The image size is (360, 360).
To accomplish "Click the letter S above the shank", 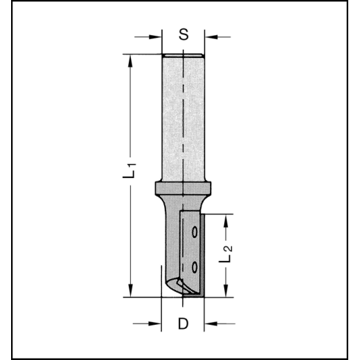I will pyautogui.click(x=183, y=35).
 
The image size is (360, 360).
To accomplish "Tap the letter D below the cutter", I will pyautogui.click(x=183, y=322).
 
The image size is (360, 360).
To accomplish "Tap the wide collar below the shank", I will pyautogui.click(x=183, y=188).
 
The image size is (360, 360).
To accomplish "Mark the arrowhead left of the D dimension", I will pyautogui.click(x=156, y=322).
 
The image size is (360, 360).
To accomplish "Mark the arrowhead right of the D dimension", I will pyautogui.click(x=210, y=322).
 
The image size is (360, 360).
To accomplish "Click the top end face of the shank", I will pyautogui.click(x=183, y=55).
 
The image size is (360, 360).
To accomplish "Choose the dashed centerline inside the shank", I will pyautogui.click(x=183, y=118).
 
